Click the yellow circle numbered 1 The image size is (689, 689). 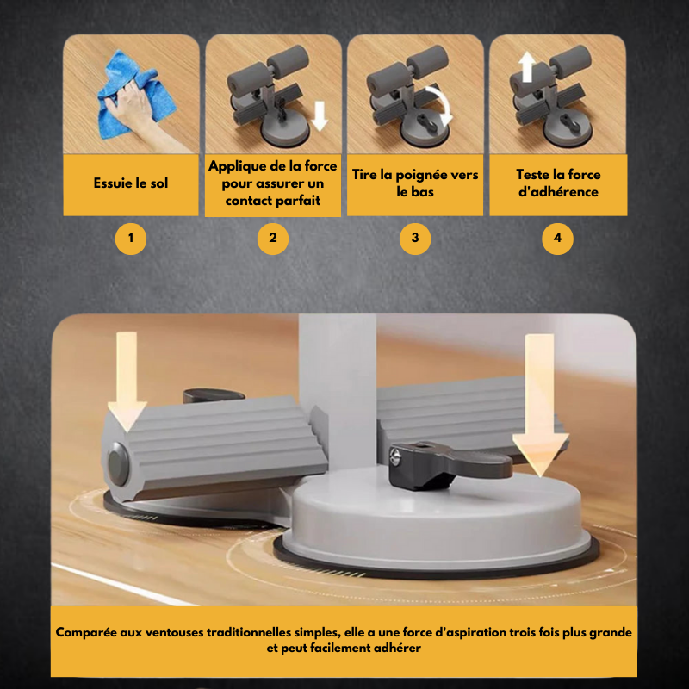point(131,239)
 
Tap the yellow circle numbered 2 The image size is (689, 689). point(273,239)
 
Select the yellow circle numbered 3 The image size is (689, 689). point(415,239)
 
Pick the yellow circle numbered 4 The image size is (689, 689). point(557,239)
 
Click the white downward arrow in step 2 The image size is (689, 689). point(320,116)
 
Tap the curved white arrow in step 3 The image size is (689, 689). point(443,103)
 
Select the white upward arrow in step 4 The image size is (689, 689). point(527,67)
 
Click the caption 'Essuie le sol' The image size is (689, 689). point(131,183)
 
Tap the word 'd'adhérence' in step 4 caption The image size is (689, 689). point(558,192)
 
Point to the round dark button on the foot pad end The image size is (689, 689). point(118,464)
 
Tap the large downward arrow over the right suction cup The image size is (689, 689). point(541,405)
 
